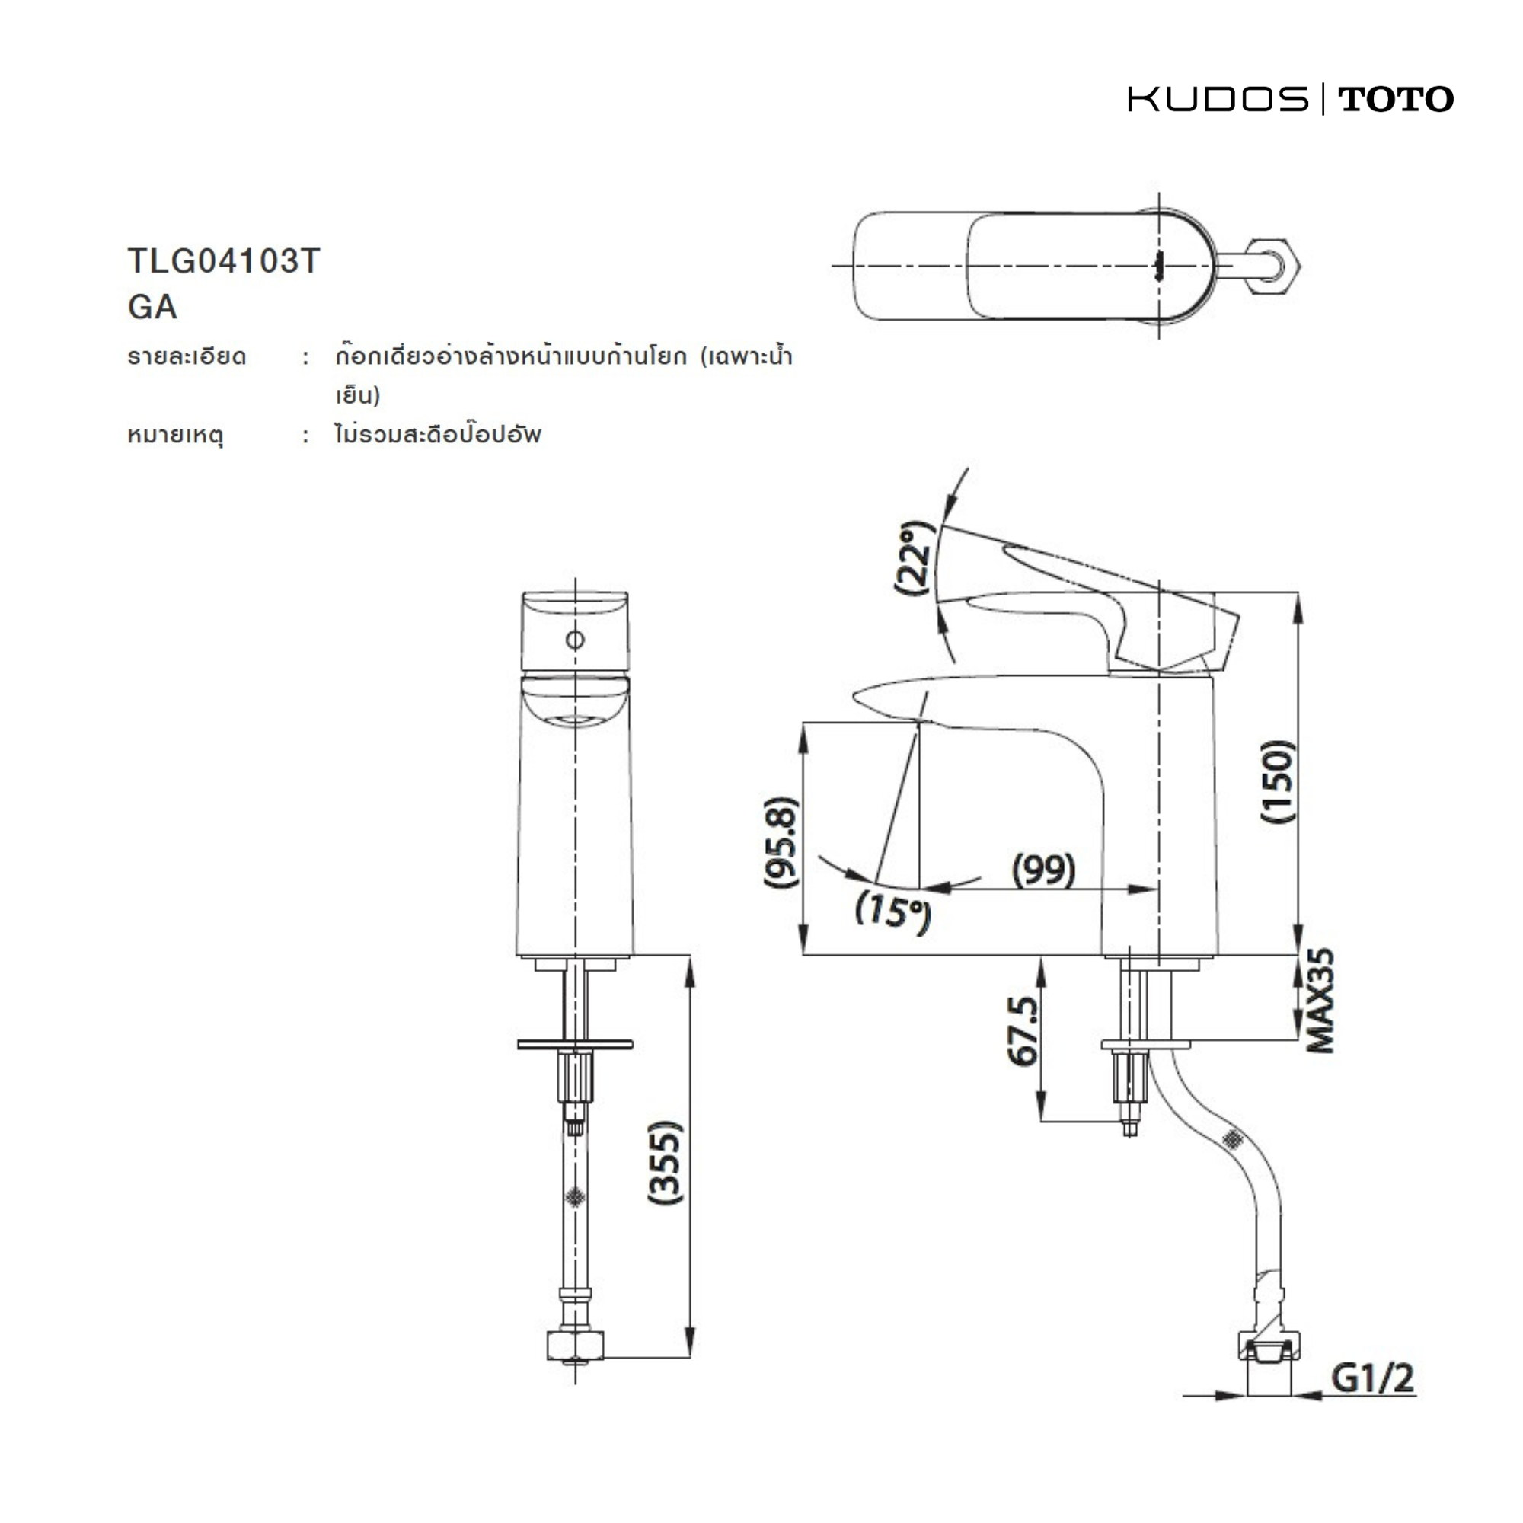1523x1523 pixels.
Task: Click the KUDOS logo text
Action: pyautogui.click(x=1218, y=99)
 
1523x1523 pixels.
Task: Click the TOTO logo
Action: pyautogui.click(x=1395, y=99)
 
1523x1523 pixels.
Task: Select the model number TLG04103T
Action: pyautogui.click(x=224, y=261)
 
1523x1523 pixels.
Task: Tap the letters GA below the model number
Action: pyautogui.click(x=152, y=307)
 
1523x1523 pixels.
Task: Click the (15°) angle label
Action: pyautogui.click(x=892, y=912)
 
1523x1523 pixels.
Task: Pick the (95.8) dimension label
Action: pyautogui.click(x=781, y=843)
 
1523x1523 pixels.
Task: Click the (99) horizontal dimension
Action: pyautogui.click(x=1044, y=870)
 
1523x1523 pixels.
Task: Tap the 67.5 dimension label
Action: pyautogui.click(x=1024, y=1031)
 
